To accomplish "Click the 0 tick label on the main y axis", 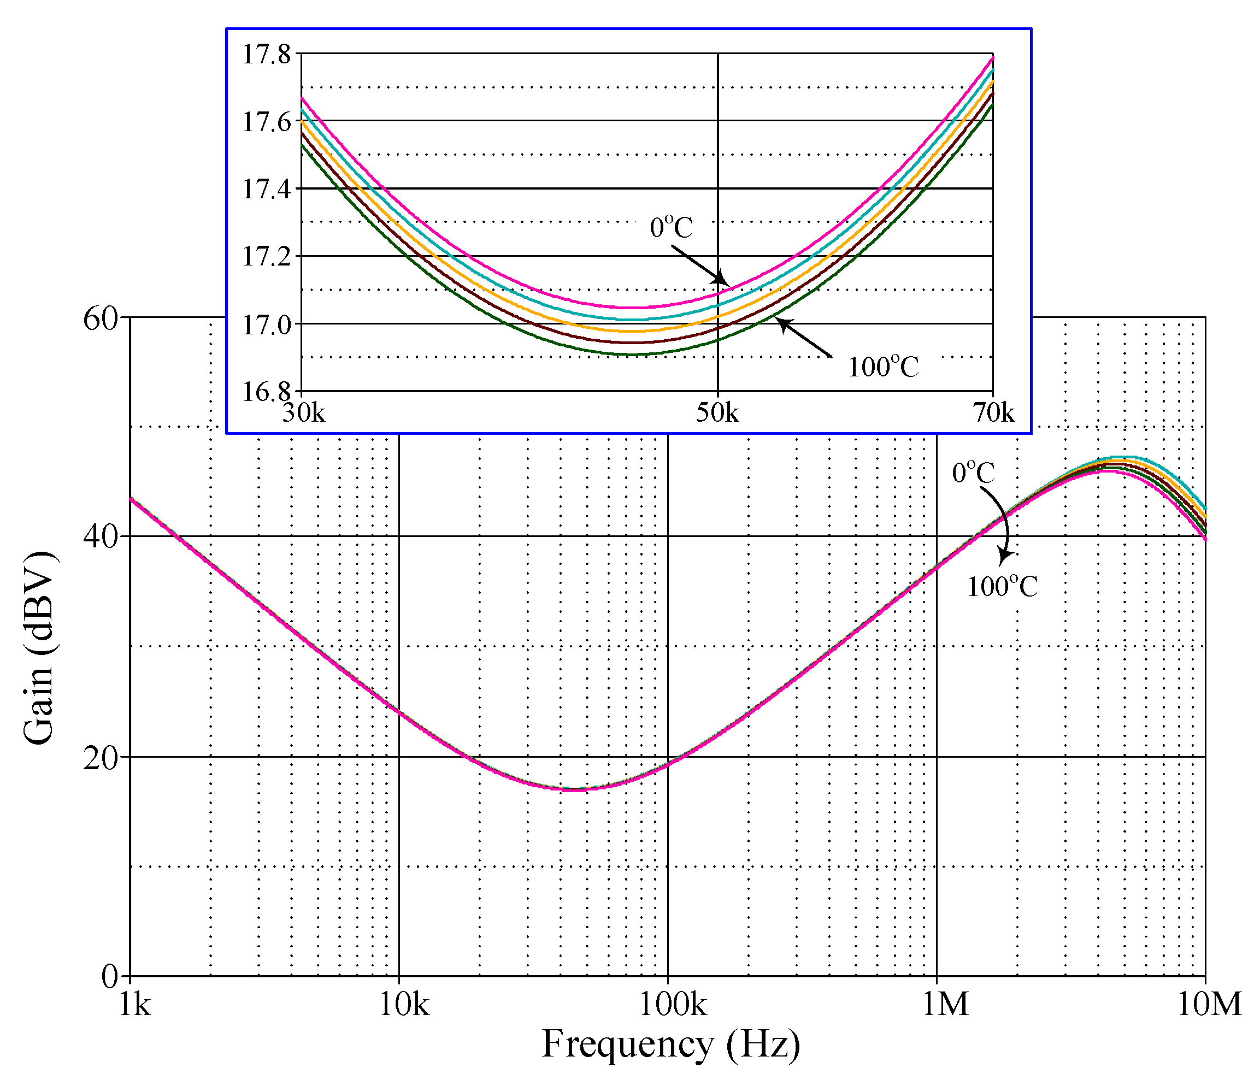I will (x=110, y=977).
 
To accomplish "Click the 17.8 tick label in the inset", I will (x=266, y=54).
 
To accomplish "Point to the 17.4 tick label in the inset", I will (x=266, y=189).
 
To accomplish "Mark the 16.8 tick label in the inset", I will (x=266, y=392).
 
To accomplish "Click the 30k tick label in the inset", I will (x=303, y=412).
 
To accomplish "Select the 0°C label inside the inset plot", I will (x=671, y=227).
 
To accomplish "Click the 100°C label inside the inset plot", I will (x=883, y=367).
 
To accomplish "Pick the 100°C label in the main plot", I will (x=1002, y=586).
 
